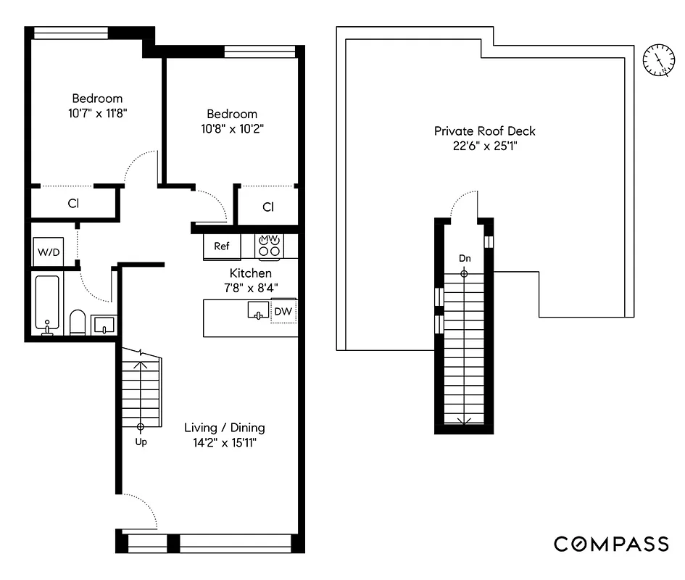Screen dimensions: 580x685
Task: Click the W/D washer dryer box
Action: coord(48,253)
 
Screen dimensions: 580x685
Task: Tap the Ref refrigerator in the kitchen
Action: coord(222,246)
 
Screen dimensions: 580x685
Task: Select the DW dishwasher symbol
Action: coord(283,312)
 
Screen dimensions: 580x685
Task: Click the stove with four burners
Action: coord(270,246)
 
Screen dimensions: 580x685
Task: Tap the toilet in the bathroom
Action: coord(77,322)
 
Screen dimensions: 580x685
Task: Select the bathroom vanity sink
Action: coord(104,323)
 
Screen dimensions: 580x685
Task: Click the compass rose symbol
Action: coord(658,60)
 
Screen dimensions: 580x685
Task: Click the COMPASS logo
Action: coord(611,544)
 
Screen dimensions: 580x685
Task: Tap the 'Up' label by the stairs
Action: coord(141,442)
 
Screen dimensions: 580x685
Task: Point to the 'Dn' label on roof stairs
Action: coord(464,258)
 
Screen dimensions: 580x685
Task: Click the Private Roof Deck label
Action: coord(484,131)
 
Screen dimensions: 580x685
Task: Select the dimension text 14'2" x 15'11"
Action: coord(224,442)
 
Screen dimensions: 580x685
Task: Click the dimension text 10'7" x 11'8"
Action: coord(96,112)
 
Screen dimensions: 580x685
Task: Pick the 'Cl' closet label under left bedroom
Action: coord(73,204)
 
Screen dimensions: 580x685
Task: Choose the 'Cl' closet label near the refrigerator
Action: coord(268,207)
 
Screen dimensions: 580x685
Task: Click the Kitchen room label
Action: coord(251,273)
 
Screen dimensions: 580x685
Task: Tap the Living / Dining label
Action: coord(224,427)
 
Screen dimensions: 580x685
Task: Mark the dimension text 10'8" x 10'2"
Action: coord(232,128)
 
